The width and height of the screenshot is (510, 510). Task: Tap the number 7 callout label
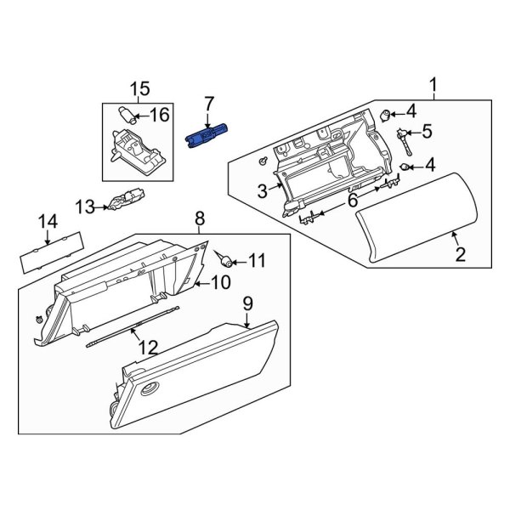point(208,104)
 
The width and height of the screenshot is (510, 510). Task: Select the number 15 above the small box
point(139,88)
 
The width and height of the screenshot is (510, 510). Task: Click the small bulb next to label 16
point(125,114)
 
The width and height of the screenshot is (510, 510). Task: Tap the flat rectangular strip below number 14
point(45,252)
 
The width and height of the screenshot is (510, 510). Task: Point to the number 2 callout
point(461,254)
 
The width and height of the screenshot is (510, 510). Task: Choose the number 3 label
point(263,189)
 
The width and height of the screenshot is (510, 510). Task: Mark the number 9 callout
point(248,302)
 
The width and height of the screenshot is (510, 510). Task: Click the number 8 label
point(199,218)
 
